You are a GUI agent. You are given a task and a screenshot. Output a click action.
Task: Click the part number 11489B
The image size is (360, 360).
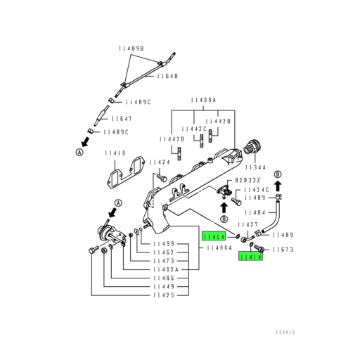tap(131, 48)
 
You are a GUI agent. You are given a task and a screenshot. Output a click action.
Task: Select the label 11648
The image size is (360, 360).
tap(167, 76)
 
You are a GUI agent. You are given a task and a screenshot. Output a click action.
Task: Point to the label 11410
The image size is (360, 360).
tap(115, 153)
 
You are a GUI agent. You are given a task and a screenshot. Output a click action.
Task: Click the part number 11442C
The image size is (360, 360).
tap(195, 129)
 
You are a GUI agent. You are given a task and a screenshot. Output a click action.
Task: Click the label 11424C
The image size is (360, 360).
tap(257, 190)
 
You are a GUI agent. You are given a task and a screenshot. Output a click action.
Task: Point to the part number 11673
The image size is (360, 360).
tap(282, 250)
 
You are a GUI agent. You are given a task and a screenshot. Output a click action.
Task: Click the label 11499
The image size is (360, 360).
tap(165, 243)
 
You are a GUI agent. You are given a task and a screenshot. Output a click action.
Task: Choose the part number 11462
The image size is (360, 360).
tap(165, 252)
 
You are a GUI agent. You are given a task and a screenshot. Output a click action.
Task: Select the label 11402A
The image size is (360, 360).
tap(167, 269)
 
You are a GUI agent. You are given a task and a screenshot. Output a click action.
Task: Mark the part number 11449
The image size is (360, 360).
tap(165, 286)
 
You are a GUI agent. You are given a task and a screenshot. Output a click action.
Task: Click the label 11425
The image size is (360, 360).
tap(165, 295)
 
